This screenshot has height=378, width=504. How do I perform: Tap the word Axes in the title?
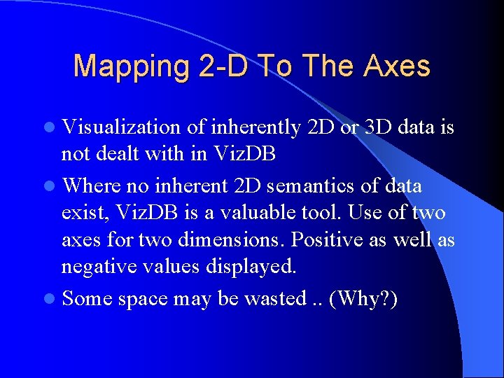tap(397, 66)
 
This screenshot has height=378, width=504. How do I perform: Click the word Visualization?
tap(122, 127)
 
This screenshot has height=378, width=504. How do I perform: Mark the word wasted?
tap(273, 298)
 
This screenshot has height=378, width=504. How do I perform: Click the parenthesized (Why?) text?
tap(363, 299)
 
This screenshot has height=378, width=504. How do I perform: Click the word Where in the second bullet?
tap(90, 185)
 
